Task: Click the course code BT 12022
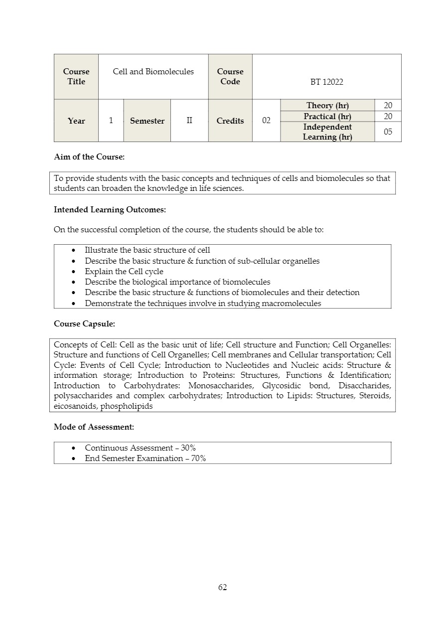[326, 82]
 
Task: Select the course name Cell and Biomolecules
[153, 72]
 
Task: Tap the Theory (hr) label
[327, 105]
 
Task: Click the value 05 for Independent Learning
[388, 132]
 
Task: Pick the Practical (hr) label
[327, 116]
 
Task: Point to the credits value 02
[266, 121]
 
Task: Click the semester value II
[189, 121]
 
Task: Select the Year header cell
[76, 121]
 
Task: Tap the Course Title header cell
[76, 77]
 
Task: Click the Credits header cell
[230, 121]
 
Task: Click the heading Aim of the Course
[89, 157]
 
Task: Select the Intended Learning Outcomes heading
[110, 210]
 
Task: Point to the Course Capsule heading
[84, 324]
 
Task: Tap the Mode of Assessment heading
[94, 427]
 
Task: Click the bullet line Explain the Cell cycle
[124, 272]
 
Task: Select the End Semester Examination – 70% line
[145, 459]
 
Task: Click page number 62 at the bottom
[222, 588]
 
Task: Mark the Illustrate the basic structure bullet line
[148, 250]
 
